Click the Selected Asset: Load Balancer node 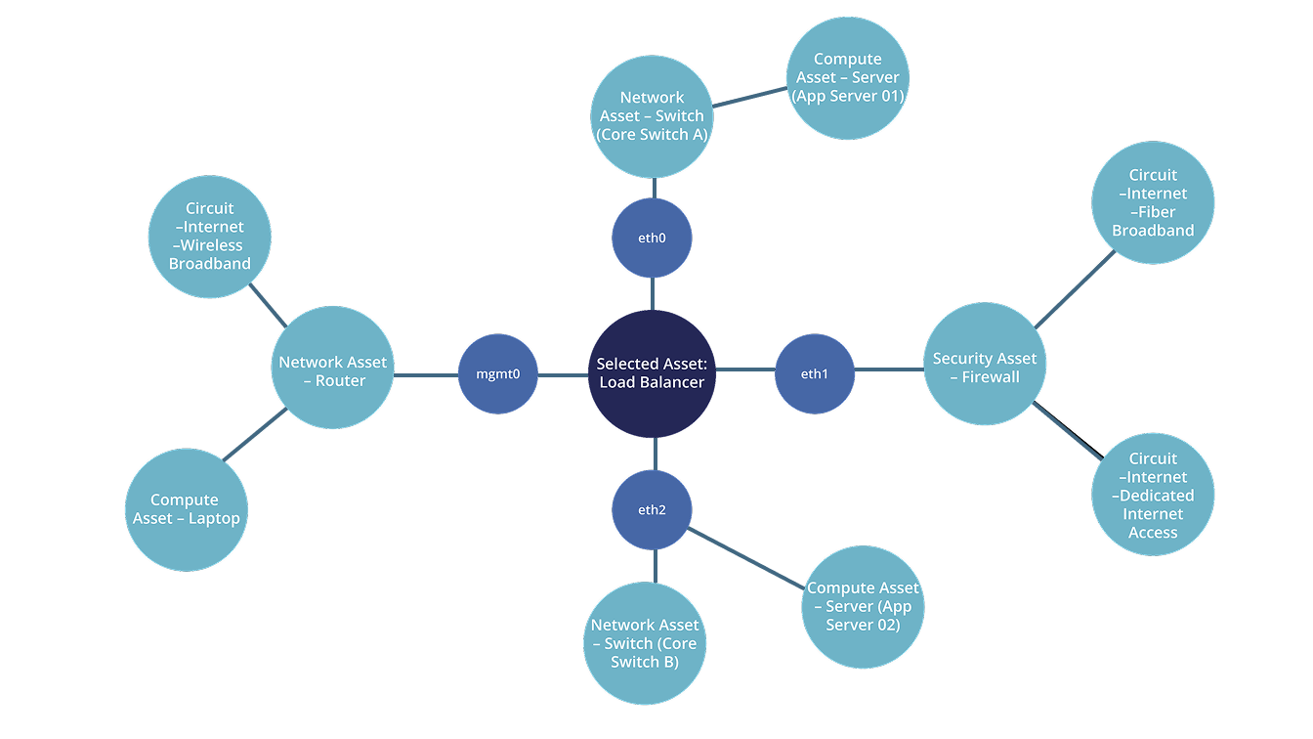652,372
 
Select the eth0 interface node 652,238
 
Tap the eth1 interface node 814,373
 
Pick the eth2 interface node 652,509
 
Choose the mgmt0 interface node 498,373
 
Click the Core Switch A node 652,115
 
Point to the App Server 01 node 847,77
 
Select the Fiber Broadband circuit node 1153,202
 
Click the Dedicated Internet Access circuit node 1153,495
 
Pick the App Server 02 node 863,606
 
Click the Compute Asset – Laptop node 186,509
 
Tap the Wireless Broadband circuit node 209,236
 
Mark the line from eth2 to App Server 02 746,558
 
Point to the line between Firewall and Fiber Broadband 1076,288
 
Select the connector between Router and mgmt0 426,374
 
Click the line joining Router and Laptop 255,435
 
